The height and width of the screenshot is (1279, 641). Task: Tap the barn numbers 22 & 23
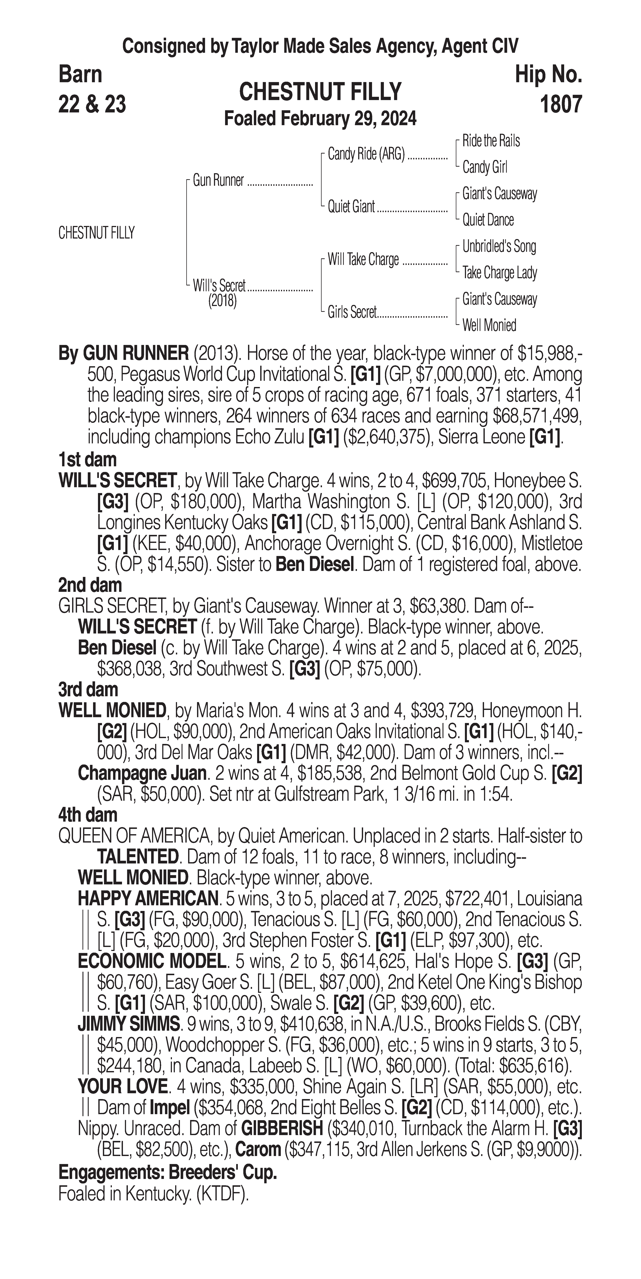pyautogui.click(x=92, y=104)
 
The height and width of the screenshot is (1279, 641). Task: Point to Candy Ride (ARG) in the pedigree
pyautogui.click(x=366, y=154)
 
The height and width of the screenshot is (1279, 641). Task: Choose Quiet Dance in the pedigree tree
pyautogui.click(x=488, y=220)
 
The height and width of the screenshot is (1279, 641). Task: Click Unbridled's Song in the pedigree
pyautogui.click(x=499, y=246)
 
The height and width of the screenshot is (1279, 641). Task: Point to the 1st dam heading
pyautogui.click(x=87, y=459)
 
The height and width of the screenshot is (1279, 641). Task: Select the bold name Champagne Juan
pyautogui.click(x=142, y=773)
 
